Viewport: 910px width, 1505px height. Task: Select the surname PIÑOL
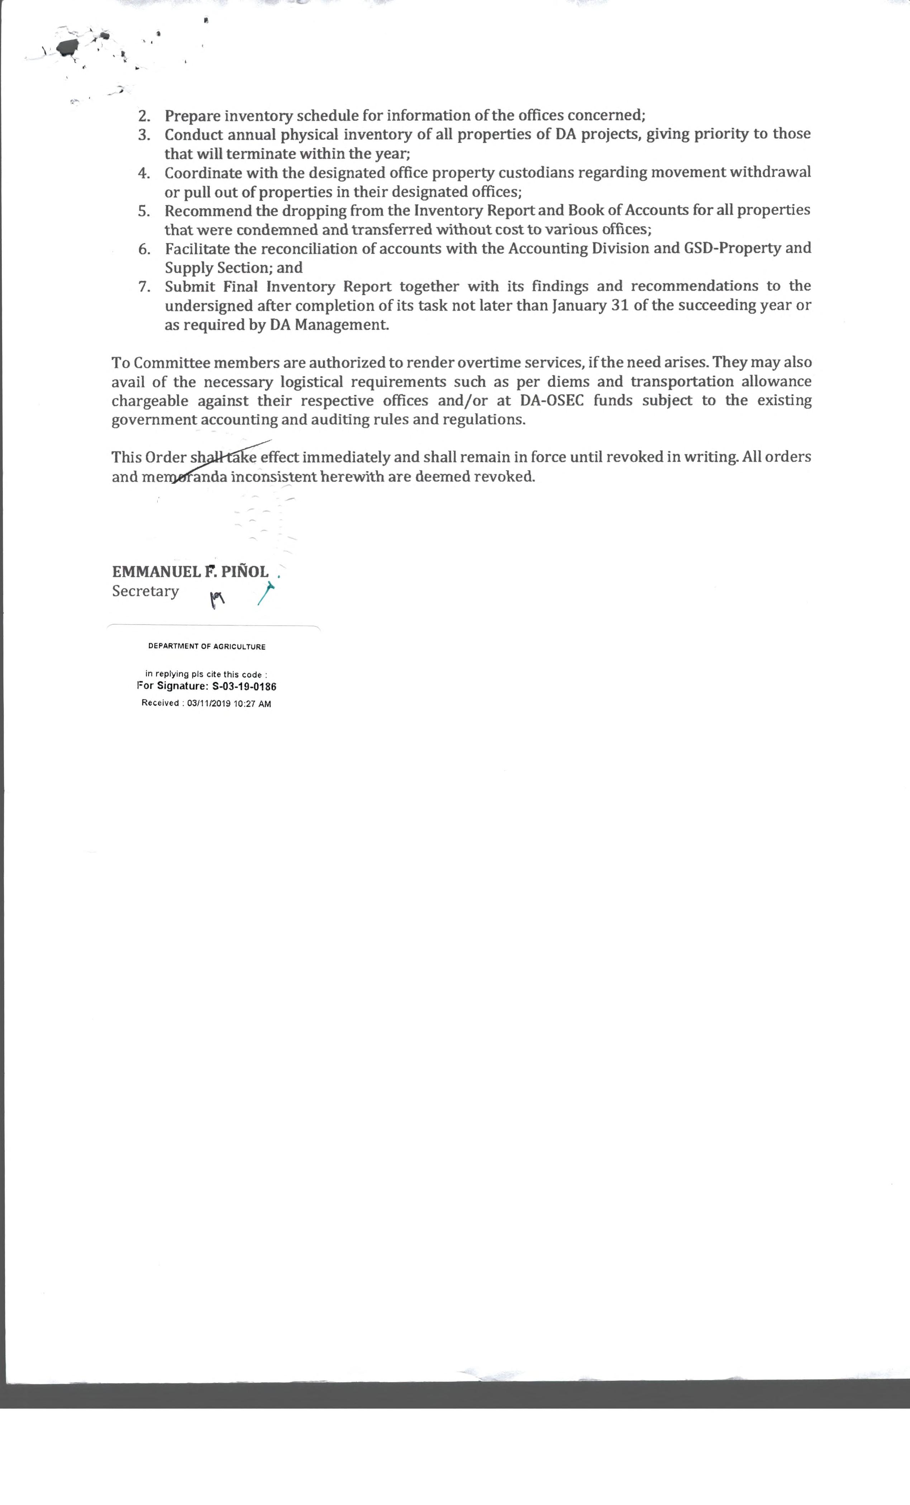(244, 572)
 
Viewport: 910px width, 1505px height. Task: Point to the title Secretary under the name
(146, 591)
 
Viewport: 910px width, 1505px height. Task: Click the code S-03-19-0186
(244, 687)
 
